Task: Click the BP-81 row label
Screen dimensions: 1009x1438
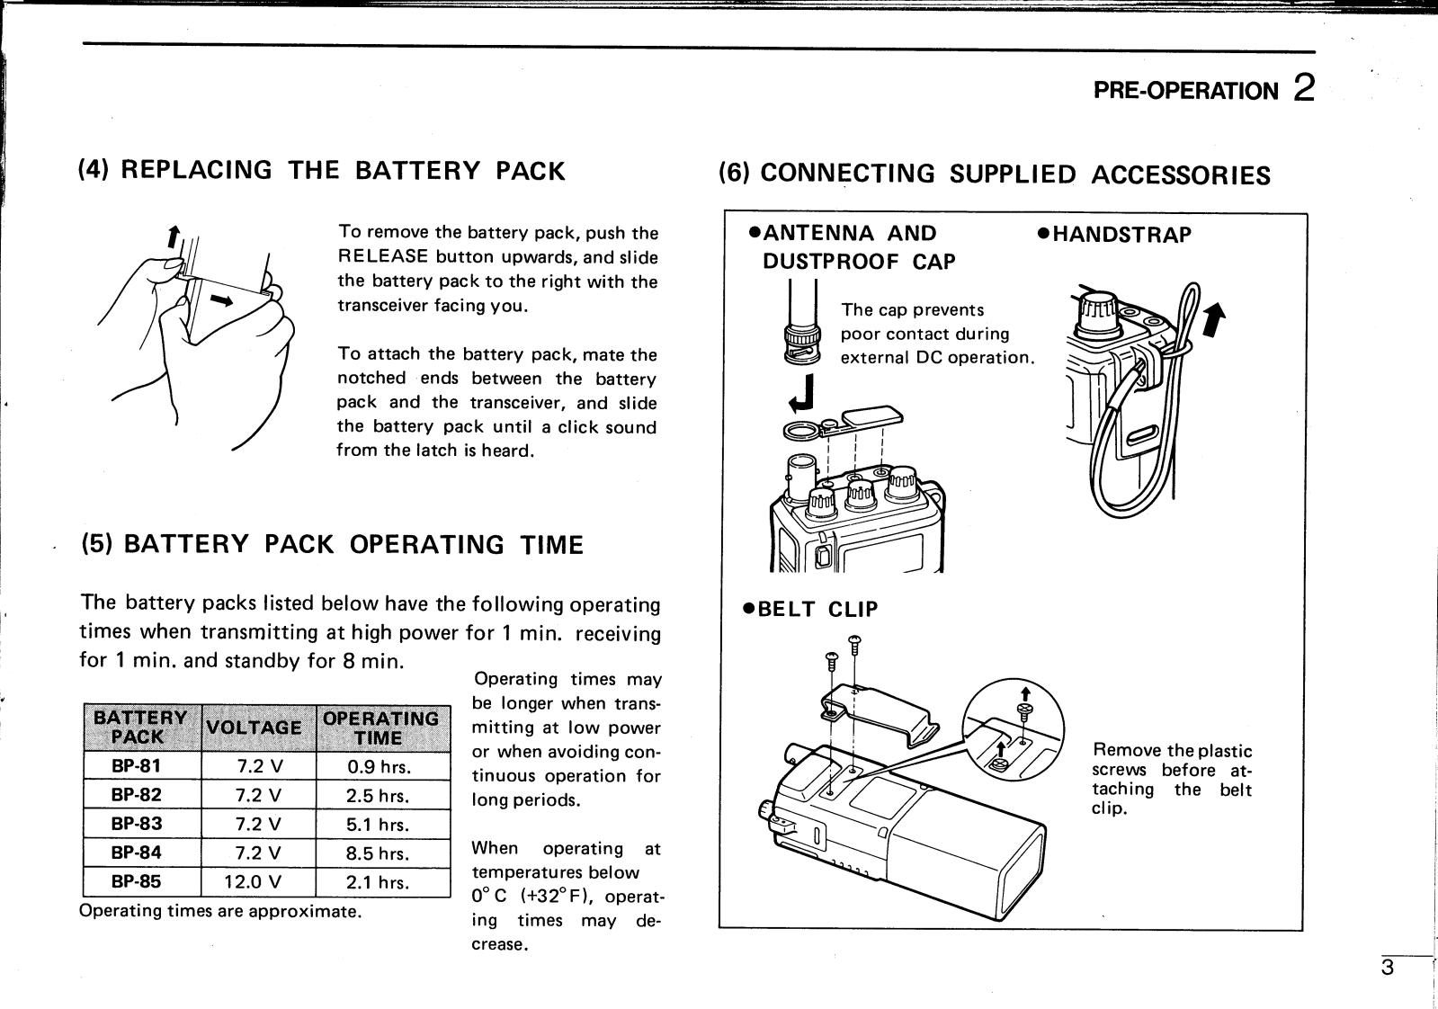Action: pyautogui.click(x=137, y=767)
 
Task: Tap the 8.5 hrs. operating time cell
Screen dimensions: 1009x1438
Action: pyautogui.click(x=378, y=853)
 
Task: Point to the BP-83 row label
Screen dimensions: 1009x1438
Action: pyautogui.click(x=137, y=825)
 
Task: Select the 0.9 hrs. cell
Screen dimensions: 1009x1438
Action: pyautogui.click(x=378, y=767)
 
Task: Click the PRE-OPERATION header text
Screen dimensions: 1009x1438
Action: pyautogui.click(x=1184, y=91)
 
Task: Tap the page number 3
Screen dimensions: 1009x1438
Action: pyautogui.click(x=1388, y=969)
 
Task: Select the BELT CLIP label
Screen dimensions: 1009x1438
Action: pyautogui.click(x=809, y=610)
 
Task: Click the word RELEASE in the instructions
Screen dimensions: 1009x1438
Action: pyautogui.click(x=382, y=257)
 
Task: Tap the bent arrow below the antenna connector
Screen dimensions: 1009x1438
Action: pyautogui.click(x=806, y=392)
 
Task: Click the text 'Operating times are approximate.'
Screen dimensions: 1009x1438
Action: pyautogui.click(x=220, y=911)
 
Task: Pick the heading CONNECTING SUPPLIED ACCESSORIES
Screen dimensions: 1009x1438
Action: pyautogui.click(x=994, y=174)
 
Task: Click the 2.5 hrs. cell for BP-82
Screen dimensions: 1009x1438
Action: pyautogui.click(x=378, y=796)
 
